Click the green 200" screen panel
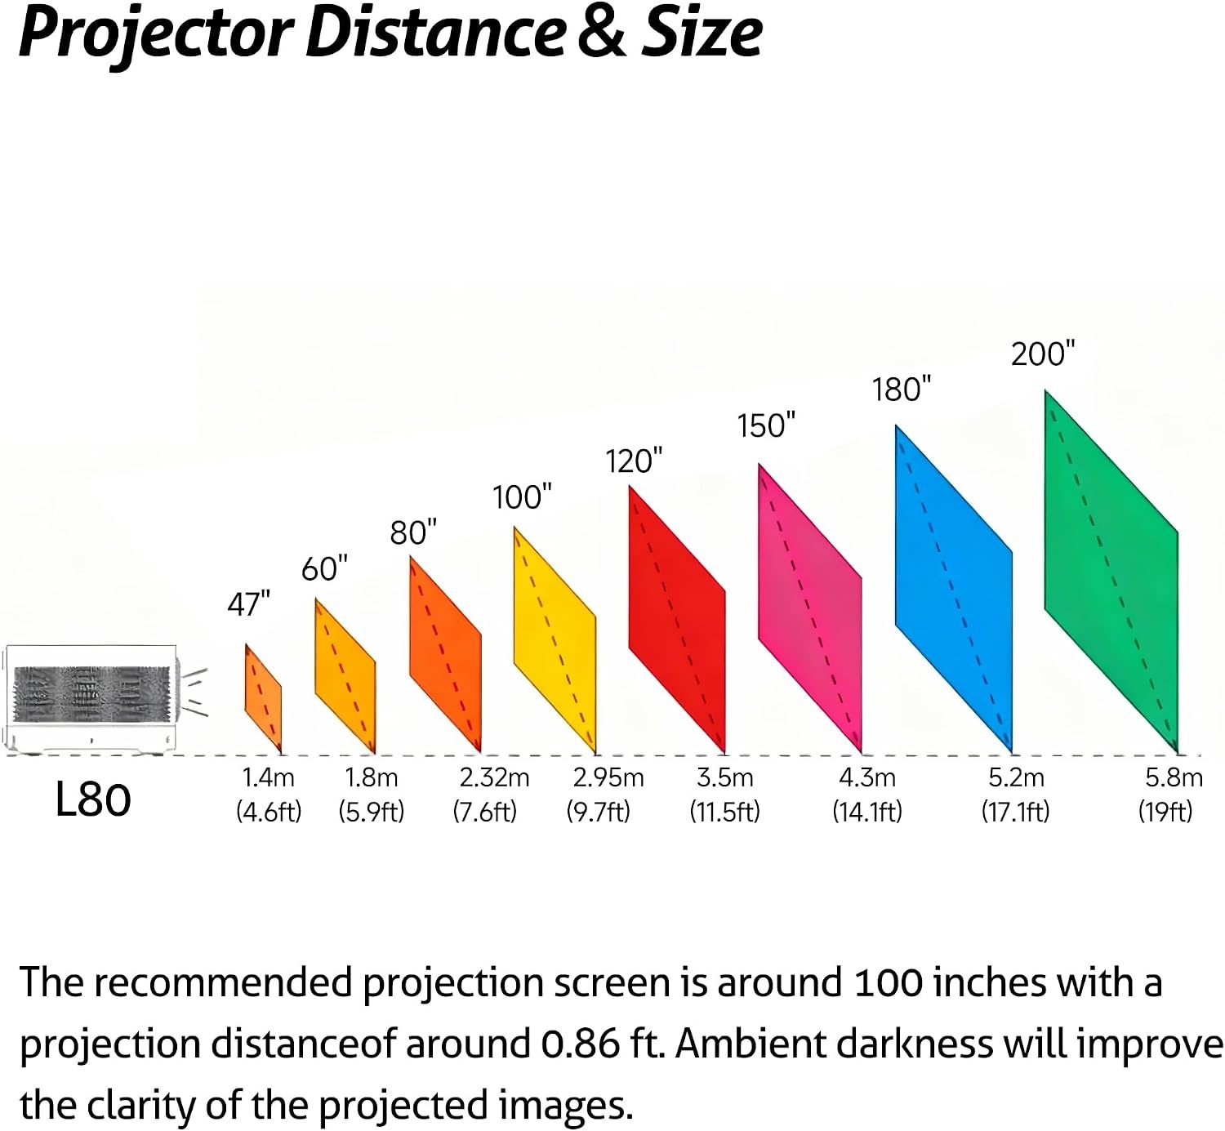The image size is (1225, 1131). [x=1111, y=572]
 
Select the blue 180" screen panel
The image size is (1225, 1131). [x=954, y=589]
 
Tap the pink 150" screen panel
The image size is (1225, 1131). [x=810, y=608]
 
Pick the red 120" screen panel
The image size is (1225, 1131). [x=677, y=620]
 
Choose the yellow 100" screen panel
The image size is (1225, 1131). [x=555, y=640]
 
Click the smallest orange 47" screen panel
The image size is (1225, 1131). [x=264, y=698]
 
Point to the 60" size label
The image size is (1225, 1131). [x=324, y=568]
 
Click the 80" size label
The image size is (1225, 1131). [x=413, y=532]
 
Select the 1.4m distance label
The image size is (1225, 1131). [x=269, y=777]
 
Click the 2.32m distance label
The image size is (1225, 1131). [x=495, y=777]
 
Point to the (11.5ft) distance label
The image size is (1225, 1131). [x=724, y=812]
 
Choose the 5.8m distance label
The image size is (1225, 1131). [x=1174, y=777]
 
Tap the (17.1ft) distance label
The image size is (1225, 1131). [x=1015, y=812]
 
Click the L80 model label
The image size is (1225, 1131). [x=93, y=799]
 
